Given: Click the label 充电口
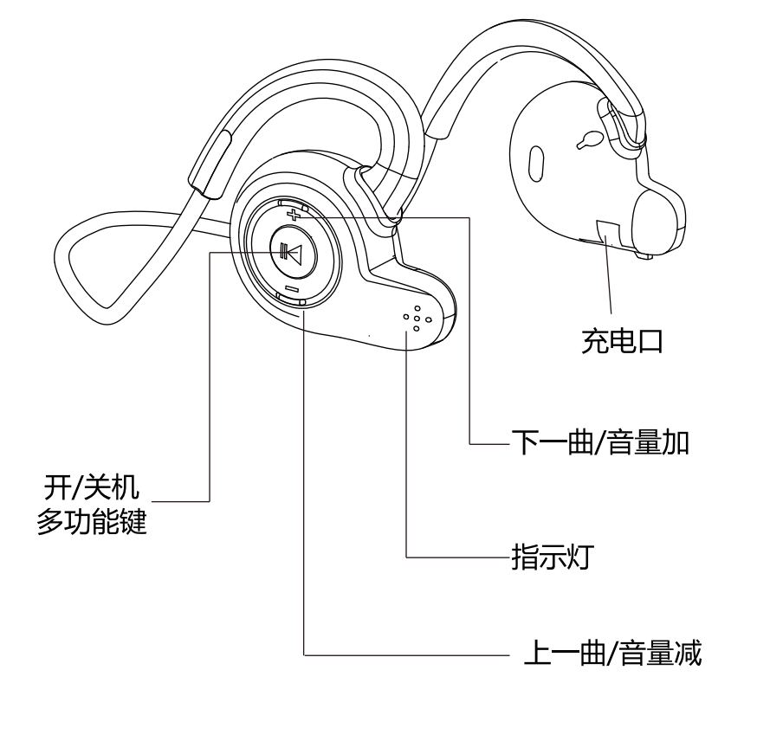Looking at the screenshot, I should coord(621,342).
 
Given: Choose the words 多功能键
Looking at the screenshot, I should coord(91,522).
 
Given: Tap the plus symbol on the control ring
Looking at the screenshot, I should coord(295,213).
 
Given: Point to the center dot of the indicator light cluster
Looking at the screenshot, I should coord(416,318).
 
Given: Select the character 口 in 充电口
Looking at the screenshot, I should coord(649,342).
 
